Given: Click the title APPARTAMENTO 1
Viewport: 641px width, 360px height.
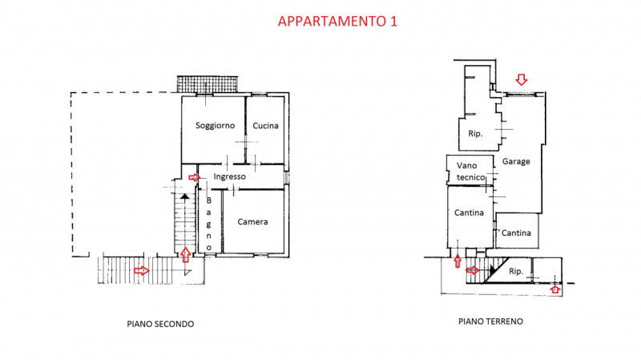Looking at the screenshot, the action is (337, 21).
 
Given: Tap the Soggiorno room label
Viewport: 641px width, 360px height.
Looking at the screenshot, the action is (215, 126).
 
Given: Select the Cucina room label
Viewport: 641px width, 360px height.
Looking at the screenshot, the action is (265, 126).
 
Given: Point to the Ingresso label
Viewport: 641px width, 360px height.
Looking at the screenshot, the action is (229, 176).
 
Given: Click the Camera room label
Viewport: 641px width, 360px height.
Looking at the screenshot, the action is (252, 222).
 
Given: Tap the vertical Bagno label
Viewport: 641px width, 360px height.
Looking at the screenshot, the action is (209, 224).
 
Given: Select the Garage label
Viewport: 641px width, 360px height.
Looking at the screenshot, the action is (516, 162).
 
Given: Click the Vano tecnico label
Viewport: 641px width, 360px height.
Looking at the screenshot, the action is (470, 172).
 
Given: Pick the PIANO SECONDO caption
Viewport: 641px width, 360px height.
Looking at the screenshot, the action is (160, 324).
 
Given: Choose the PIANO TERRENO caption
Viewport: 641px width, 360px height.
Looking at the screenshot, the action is (490, 322).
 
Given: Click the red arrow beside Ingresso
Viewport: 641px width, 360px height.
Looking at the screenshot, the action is (194, 177).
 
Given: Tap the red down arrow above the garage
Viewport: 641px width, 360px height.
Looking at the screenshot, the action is (522, 79).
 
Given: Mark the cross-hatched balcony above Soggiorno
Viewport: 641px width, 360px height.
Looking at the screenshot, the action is (208, 84).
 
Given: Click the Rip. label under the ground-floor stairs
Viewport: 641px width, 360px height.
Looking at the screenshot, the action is (516, 271).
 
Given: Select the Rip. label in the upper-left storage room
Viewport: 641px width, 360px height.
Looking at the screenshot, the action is (475, 134).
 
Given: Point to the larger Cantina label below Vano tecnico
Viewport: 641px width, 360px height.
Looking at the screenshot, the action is (469, 212).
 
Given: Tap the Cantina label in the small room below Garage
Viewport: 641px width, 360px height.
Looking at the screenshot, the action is (516, 233).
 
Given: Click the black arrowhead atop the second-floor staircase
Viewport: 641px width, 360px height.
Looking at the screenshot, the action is (185, 196).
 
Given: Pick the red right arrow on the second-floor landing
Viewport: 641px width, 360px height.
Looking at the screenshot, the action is (142, 270).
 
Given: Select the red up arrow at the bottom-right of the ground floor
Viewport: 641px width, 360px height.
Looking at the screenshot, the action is (554, 289).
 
